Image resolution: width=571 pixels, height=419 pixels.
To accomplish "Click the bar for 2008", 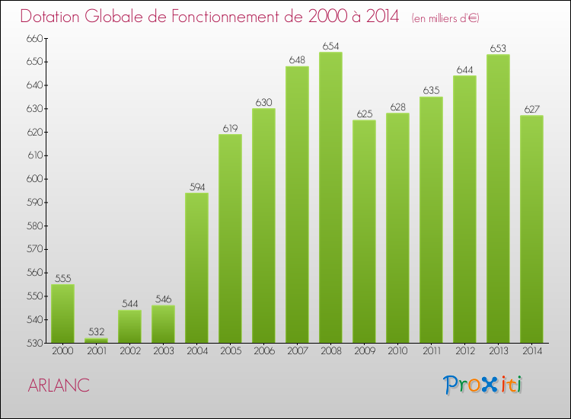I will (x=330, y=198).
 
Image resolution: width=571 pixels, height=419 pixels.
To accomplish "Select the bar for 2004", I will (x=196, y=268).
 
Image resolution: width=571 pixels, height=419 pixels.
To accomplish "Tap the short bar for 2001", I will (x=96, y=341).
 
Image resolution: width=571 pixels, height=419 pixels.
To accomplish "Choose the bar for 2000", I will (x=62, y=314).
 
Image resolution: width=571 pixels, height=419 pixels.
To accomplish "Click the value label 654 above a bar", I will (x=330, y=46).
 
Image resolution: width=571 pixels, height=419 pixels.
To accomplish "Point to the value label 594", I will (x=196, y=187).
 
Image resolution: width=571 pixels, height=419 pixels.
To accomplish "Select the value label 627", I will (x=531, y=110).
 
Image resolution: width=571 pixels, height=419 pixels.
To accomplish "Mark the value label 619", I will (x=230, y=129).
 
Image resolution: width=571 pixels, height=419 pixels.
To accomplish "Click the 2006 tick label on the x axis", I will (x=263, y=352).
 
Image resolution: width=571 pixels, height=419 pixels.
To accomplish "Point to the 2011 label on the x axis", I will (x=431, y=352).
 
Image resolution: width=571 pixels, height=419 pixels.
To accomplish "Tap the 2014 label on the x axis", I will (x=531, y=352).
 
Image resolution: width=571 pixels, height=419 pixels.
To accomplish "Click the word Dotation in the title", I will (x=55, y=16).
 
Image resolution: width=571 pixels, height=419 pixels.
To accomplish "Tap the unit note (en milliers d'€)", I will (x=445, y=18).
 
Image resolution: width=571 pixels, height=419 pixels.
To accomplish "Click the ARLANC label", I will (x=59, y=385).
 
